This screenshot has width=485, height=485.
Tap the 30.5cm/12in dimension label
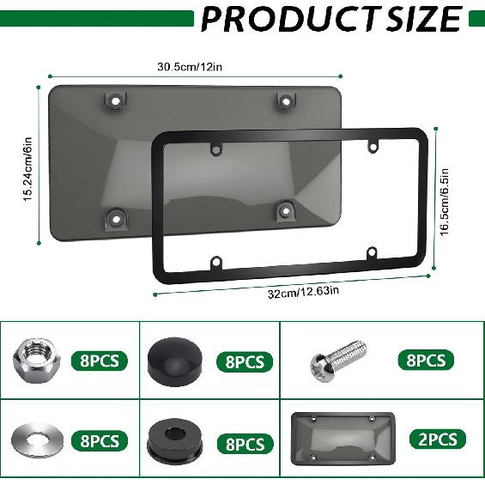coord(191,66)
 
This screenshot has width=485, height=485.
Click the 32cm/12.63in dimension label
coord(303,292)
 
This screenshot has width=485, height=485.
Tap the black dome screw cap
coord(170,358)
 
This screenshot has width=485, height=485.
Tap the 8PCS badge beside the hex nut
coord(100,360)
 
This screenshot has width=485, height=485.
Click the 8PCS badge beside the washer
coord(100,441)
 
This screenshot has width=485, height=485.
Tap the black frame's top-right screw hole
coord(374,147)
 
